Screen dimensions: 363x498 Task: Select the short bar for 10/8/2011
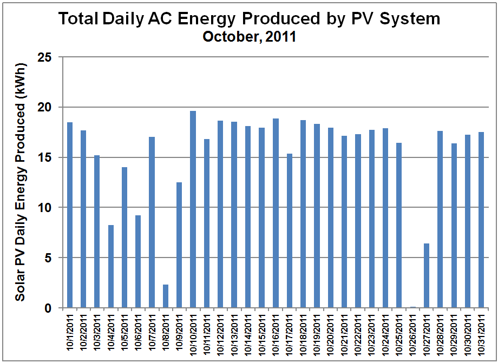(166, 296)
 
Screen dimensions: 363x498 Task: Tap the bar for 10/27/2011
(427, 275)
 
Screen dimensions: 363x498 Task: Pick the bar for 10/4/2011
(110, 266)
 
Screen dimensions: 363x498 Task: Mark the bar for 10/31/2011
(481, 220)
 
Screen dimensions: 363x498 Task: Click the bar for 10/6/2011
(138, 261)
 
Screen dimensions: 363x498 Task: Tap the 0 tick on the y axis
(54, 308)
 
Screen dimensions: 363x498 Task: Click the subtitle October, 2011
(250, 37)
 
